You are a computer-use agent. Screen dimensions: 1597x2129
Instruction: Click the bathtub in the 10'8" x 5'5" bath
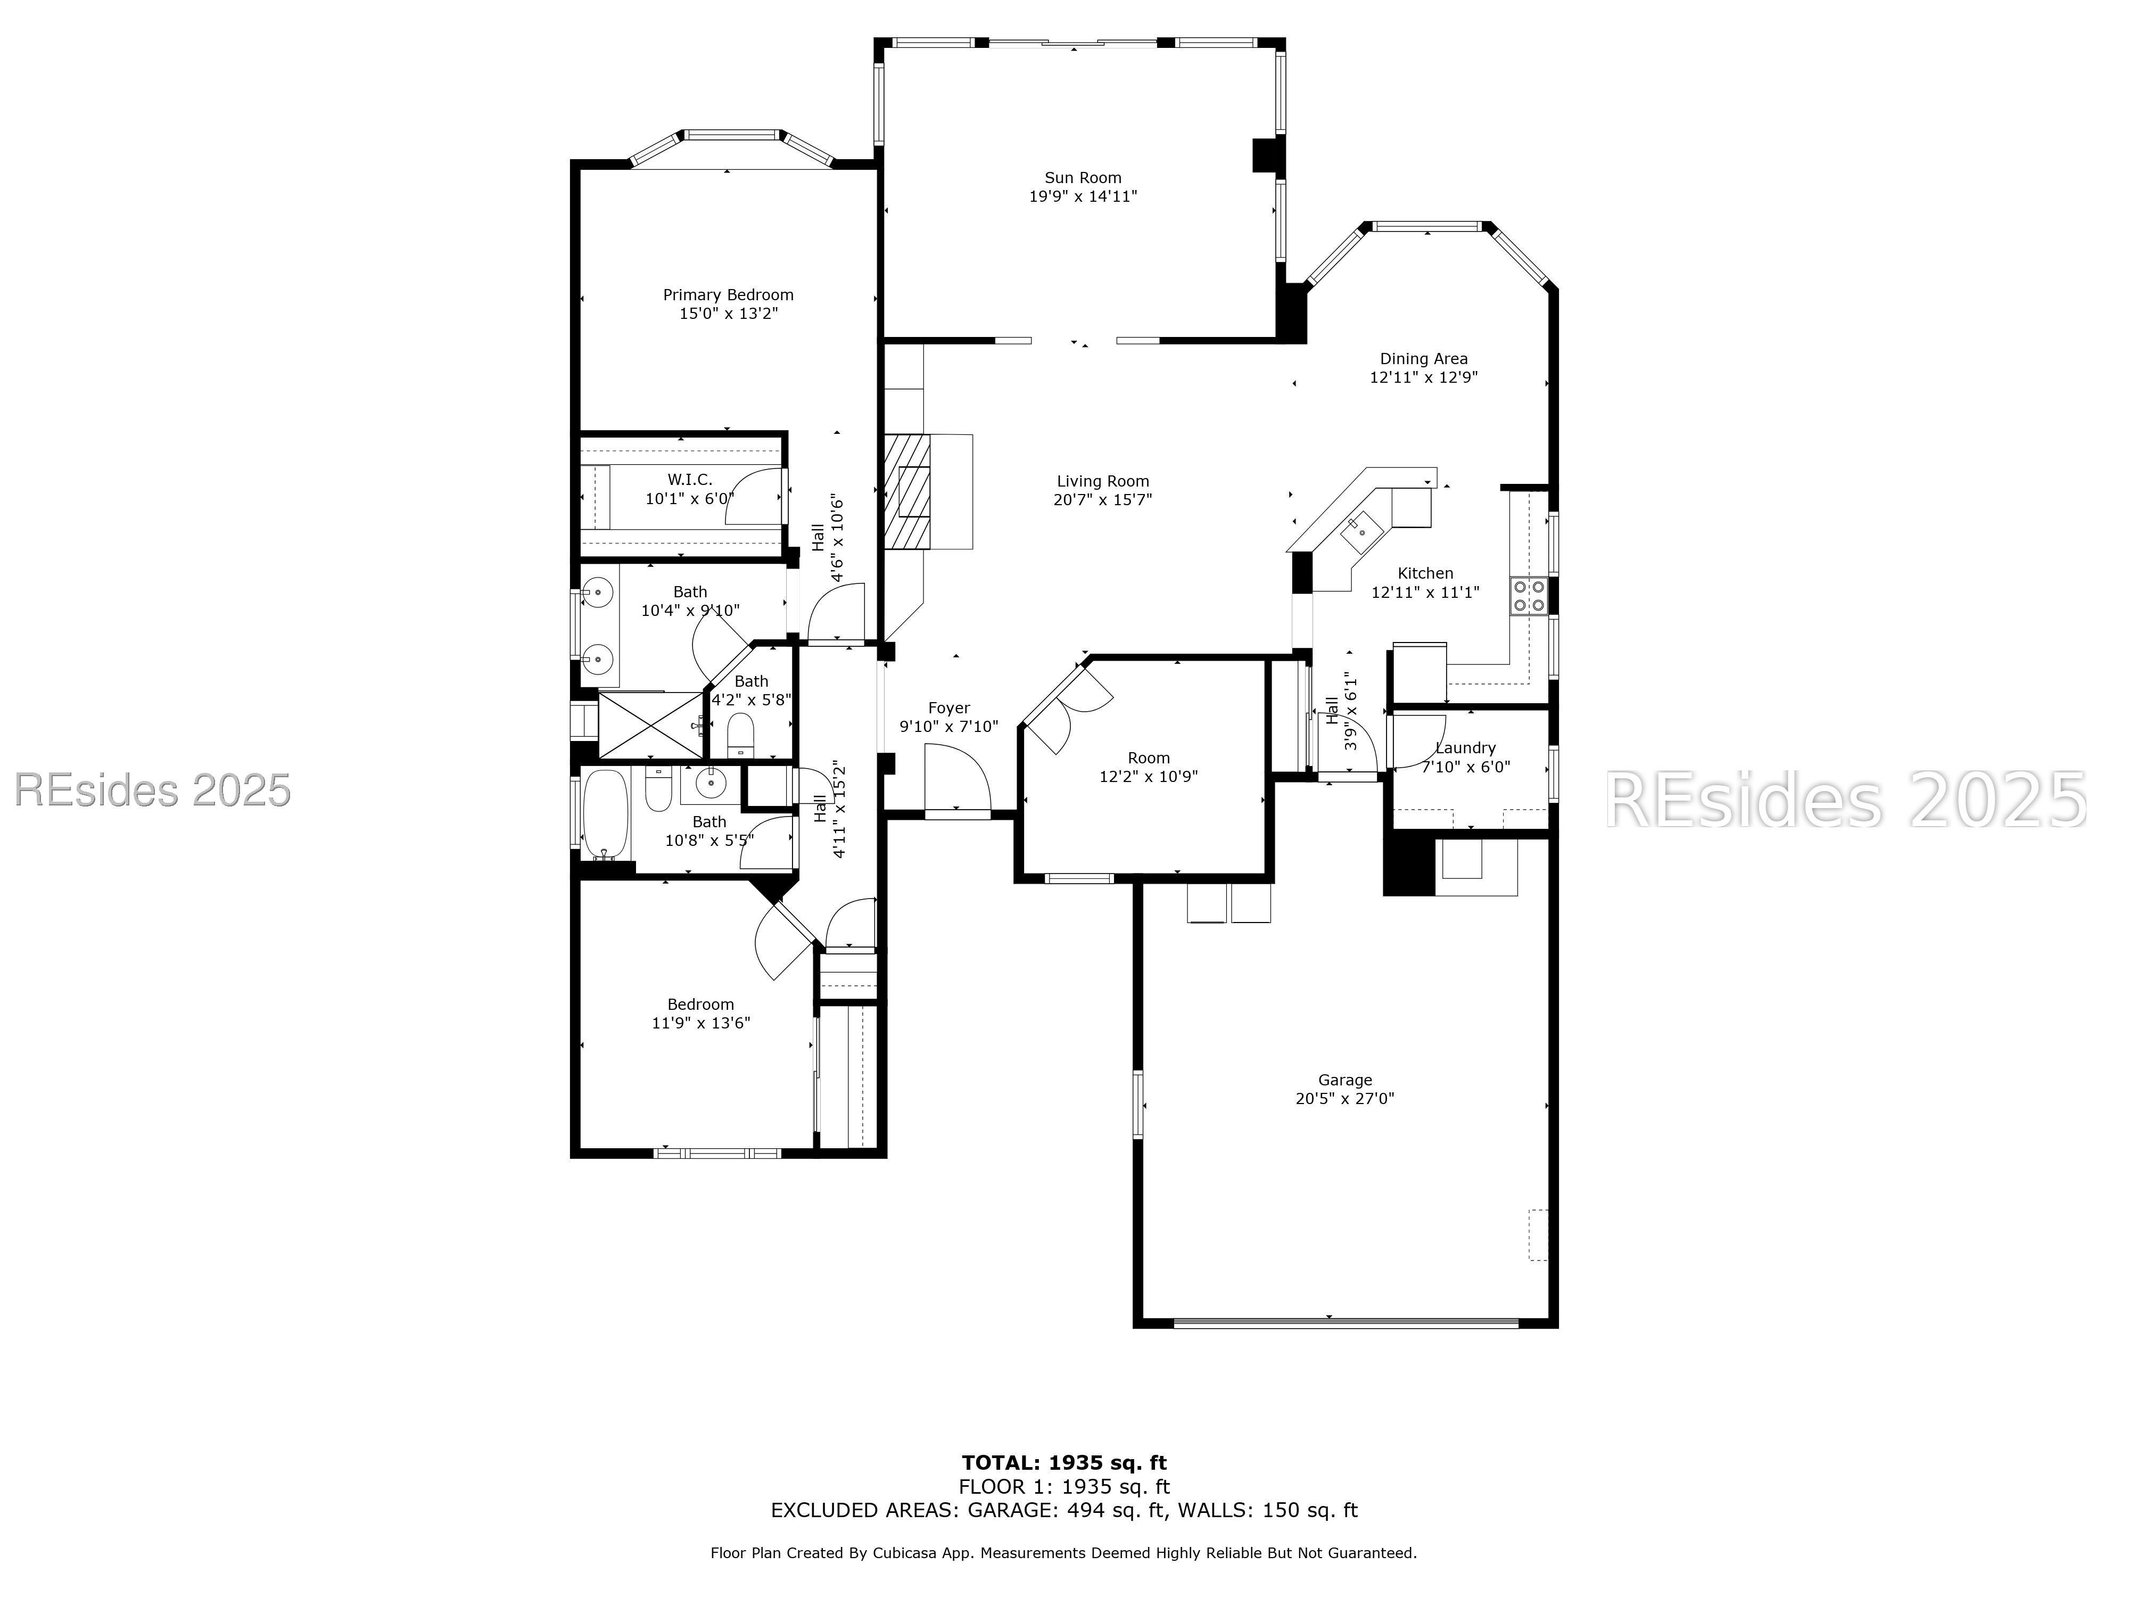(x=605, y=814)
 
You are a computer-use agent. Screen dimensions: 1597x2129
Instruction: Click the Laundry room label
(x=1465, y=748)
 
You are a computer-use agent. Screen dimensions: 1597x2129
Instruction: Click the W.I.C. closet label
(x=690, y=480)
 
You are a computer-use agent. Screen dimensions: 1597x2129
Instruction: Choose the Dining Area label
(x=1424, y=359)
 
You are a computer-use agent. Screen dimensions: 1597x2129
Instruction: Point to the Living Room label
(x=1102, y=481)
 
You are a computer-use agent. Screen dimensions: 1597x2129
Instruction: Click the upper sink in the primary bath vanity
(x=598, y=592)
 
